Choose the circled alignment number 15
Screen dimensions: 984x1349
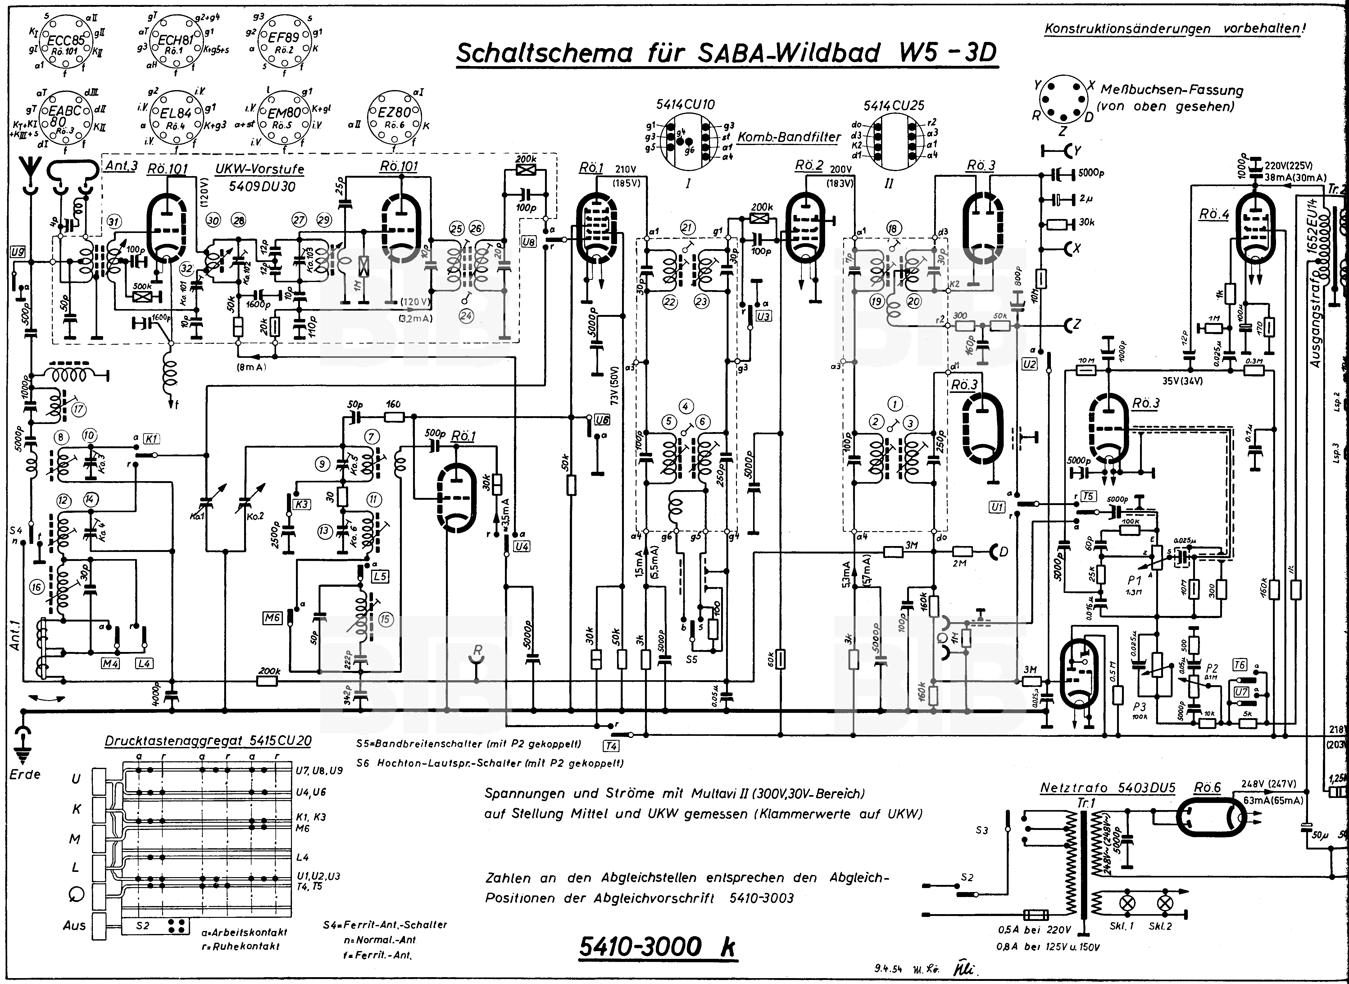(x=385, y=619)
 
